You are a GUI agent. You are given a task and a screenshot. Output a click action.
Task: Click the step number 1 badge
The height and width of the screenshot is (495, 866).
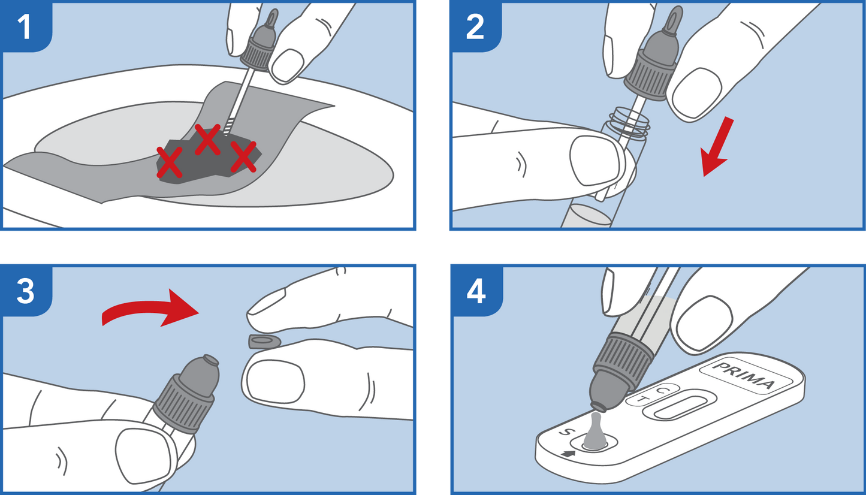[26, 26]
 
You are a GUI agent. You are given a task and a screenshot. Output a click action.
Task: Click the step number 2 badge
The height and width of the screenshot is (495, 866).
[475, 26]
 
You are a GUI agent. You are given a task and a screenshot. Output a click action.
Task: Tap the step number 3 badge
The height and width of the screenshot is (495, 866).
[26, 291]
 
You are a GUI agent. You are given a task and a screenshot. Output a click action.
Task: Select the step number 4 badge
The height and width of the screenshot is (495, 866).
[476, 291]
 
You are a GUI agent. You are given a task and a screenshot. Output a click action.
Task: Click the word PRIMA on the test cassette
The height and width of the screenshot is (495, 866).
[743, 376]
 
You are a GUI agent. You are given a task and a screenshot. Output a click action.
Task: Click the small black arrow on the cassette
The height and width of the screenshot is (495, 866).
[568, 454]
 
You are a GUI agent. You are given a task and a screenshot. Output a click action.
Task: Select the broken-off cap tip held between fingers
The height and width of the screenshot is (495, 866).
[264, 341]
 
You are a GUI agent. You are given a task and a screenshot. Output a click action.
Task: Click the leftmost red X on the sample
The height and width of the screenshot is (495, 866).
[170, 162]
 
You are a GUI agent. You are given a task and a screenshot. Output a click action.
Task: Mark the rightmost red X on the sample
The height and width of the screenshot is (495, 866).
[243, 156]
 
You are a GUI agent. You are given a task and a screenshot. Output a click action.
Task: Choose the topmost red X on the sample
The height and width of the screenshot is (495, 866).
[207, 139]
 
